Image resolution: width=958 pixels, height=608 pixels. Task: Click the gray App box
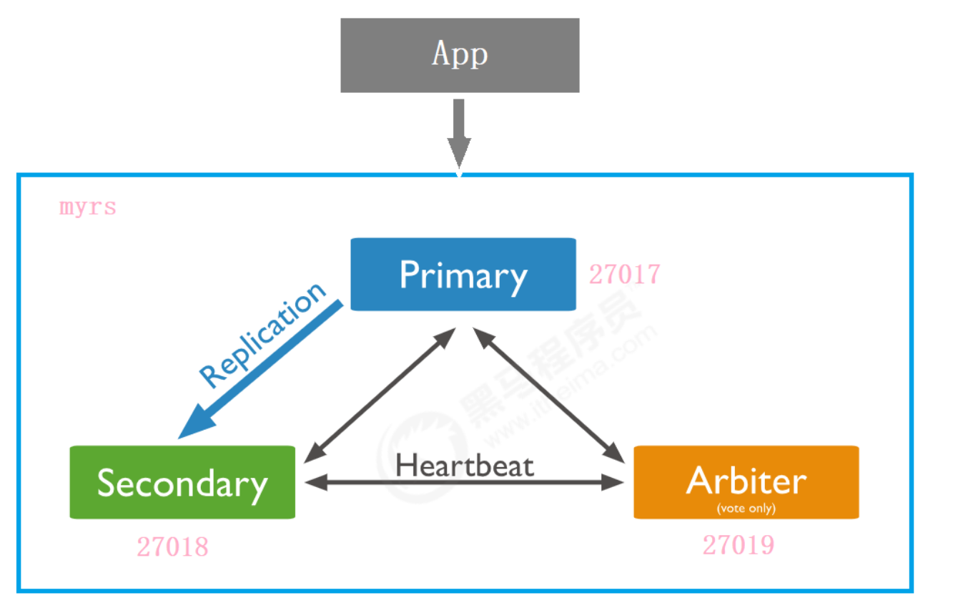460,55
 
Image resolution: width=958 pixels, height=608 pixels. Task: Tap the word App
460,54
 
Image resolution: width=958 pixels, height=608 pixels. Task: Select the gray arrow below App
459,134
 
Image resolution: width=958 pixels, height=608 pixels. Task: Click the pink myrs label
88,207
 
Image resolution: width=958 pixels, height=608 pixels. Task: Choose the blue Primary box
463,274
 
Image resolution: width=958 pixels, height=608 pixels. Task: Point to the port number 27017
624,274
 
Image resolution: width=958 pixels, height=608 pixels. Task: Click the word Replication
262,335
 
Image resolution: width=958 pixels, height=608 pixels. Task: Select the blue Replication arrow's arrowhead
194,423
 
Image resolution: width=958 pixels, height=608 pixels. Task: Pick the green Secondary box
182,482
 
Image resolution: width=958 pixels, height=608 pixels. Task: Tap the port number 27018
173,546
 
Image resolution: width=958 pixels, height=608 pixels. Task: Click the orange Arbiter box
746,482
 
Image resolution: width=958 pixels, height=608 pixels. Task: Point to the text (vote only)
746,509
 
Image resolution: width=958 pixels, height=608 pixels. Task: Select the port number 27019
739,545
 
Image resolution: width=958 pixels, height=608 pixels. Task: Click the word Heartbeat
465,466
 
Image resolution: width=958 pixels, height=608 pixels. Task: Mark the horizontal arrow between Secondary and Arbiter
464,483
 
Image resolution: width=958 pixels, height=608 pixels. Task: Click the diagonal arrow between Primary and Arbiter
549,396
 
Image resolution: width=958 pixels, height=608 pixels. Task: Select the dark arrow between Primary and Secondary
380,396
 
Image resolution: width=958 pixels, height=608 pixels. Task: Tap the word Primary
463,276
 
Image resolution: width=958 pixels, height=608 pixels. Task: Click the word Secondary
182,485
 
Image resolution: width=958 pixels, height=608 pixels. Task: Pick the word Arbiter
746,481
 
